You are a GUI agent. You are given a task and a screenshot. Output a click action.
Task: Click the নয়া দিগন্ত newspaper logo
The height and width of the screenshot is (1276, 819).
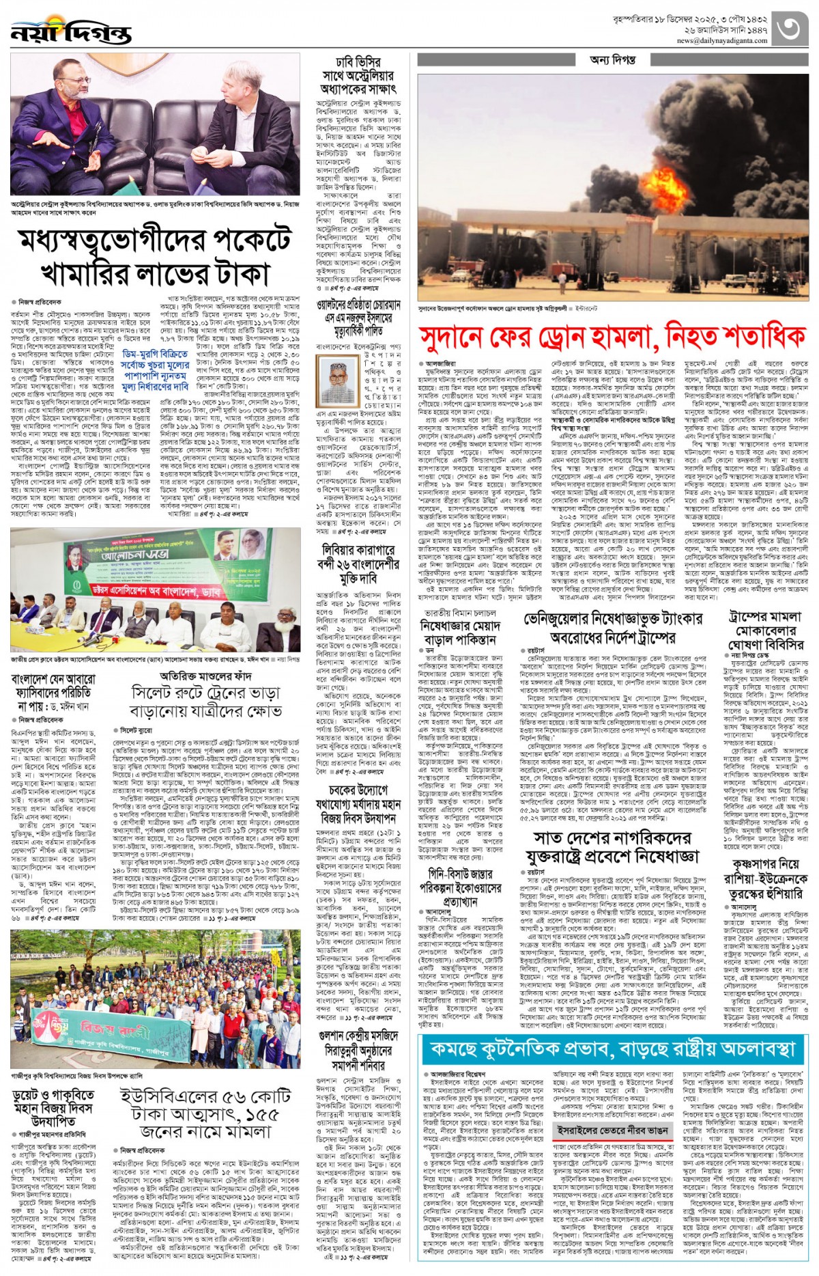pos(70,33)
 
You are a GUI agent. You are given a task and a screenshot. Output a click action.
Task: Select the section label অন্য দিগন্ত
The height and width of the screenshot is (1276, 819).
pos(612,60)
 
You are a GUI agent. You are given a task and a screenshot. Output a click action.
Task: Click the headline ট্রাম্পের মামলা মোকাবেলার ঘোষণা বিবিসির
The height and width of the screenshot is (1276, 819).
pos(766,630)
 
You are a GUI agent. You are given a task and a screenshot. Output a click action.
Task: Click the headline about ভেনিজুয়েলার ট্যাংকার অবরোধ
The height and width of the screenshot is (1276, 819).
pos(612,628)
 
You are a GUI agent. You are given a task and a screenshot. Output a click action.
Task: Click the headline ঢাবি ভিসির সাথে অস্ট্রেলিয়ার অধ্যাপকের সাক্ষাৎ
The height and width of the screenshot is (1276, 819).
pos(358,76)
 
